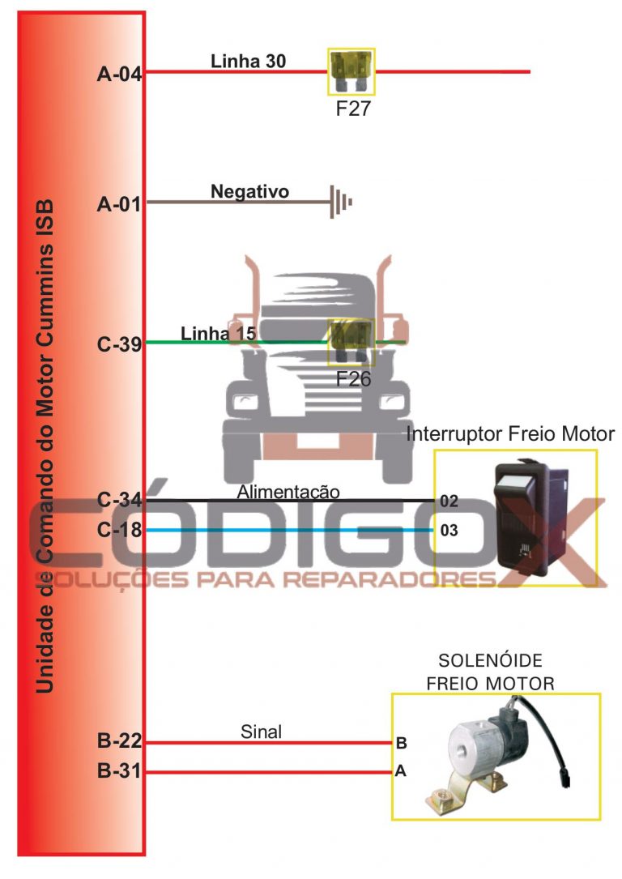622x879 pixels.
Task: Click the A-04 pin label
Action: click(119, 75)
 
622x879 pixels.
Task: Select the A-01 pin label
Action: click(119, 205)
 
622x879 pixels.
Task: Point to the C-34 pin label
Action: click(119, 501)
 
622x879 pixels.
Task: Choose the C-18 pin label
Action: click(119, 531)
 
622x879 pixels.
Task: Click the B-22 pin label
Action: click(119, 741)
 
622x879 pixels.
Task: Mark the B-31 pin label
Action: click(119, 772)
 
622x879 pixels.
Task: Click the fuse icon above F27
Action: click(351, 71)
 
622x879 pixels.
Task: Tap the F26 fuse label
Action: click(353, 378)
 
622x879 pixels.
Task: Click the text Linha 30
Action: click(248, 60)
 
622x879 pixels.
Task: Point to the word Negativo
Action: click(249, 191)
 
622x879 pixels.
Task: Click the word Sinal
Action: click(261, 732)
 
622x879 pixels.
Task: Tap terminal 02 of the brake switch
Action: click(449, 501)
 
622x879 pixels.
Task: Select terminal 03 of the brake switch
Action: click(449, 531)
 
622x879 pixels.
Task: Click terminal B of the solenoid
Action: click(401, 742)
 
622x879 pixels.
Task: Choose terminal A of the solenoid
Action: click(400, 772)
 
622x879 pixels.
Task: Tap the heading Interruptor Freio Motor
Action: click(510, 434)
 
